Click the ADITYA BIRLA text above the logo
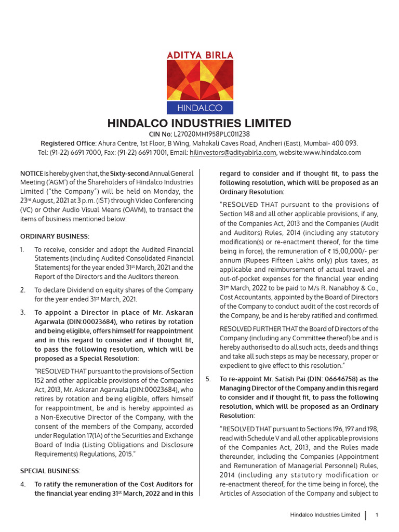point(199,55)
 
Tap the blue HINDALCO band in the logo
point(199,108)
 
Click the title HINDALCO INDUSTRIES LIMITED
point(199,124)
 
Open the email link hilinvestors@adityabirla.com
point(232,152)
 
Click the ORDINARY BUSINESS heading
point(55,236)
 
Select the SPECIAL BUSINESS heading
point(50,471)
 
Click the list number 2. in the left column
point(23,290)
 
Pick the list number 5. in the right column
point(208,379)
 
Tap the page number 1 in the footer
point(376,515)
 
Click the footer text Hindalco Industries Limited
point(325,515)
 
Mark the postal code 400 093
point(345,143)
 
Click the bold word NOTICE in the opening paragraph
point(31,173)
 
